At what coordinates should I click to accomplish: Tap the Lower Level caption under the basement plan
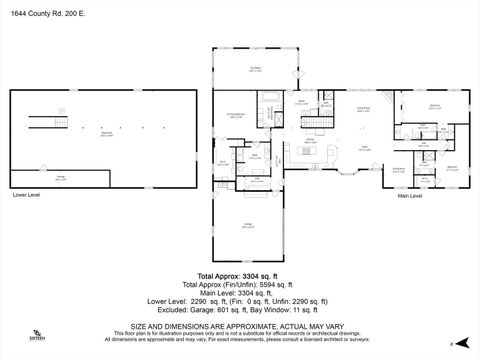pos(26,195)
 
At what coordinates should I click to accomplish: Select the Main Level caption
pos(410,196)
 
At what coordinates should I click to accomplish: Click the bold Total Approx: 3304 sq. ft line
pos(239,274)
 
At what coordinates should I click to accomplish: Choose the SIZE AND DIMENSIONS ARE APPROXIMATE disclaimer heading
pos(239,324)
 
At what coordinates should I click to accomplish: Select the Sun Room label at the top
pos(255,68)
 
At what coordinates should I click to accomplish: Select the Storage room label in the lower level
pos(61,177)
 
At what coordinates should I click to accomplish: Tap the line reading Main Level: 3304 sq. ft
pos(239,293)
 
